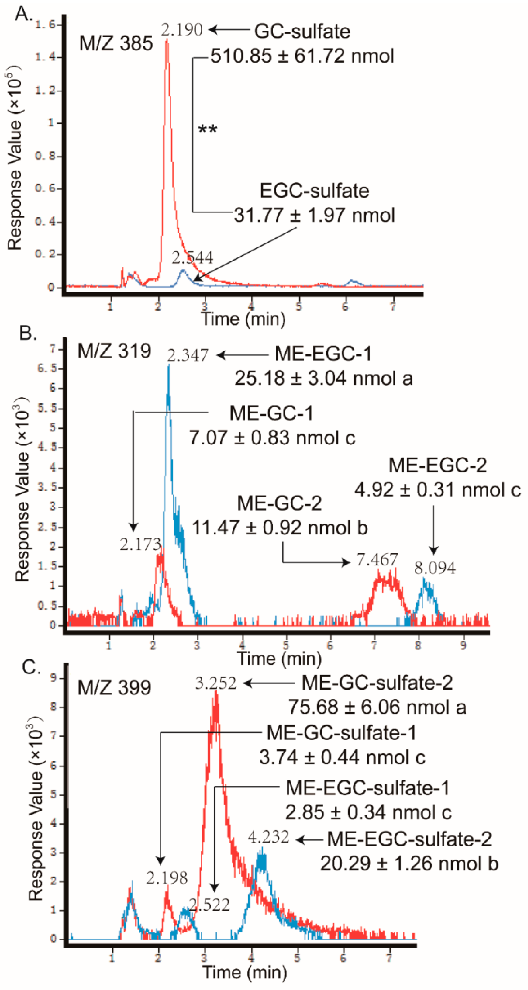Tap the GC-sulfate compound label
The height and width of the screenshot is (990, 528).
[x=302, y=32]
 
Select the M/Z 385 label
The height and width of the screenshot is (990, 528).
[x=116, y=43]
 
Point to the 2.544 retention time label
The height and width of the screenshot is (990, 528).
[x=192, y=257]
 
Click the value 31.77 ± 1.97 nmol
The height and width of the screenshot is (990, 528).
[x=314, y=215]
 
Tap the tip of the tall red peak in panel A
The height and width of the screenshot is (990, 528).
[x=167, y=40]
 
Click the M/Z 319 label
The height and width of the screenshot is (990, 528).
[x=114, y=351]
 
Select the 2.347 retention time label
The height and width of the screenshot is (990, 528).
[x=188, y=356]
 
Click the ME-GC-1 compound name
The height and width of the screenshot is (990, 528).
[x=271, y=413]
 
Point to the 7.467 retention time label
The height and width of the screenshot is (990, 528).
[x=377, y=560]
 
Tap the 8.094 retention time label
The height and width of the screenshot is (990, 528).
[x=435, y=568]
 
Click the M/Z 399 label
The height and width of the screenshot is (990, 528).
[x=114, y=688]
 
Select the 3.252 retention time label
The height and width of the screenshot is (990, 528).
[x=215, y=684]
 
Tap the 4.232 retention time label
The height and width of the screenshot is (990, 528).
[x=268, y=837]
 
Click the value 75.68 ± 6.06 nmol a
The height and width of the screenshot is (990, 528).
[x=377, y=707]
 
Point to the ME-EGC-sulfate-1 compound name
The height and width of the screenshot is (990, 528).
[x=368, y=788]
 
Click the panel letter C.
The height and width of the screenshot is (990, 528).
[x=31, y=668]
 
